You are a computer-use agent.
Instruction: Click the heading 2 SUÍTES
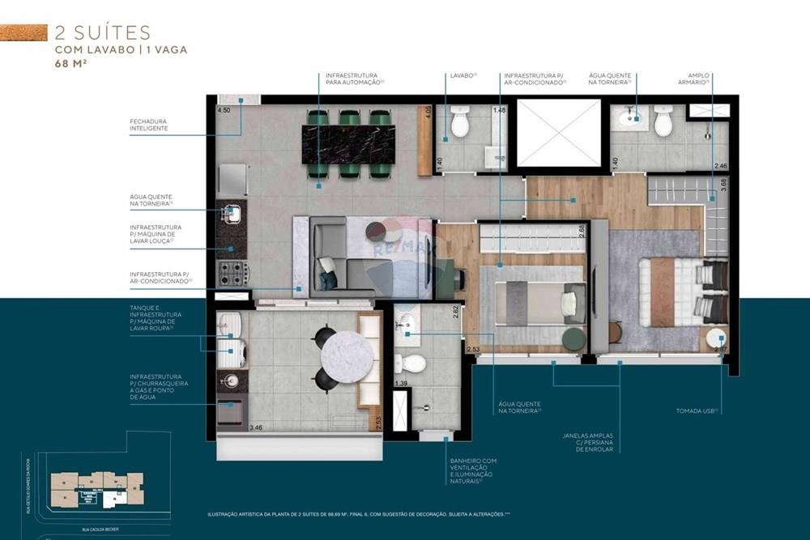tap(102, 32)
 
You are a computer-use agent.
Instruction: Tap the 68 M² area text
tap(71, 63)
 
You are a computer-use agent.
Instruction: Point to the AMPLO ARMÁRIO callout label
tap(693, 79)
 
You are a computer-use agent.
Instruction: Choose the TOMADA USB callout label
tap(697, 410)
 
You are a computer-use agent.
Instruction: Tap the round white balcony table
tap(347, 355)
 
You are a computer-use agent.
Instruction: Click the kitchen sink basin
tap(232, 214)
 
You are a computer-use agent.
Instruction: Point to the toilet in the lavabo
tap(460, 123)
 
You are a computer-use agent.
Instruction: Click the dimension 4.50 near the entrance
tap(224, 110)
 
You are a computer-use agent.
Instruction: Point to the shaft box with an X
tap(559, 133)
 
